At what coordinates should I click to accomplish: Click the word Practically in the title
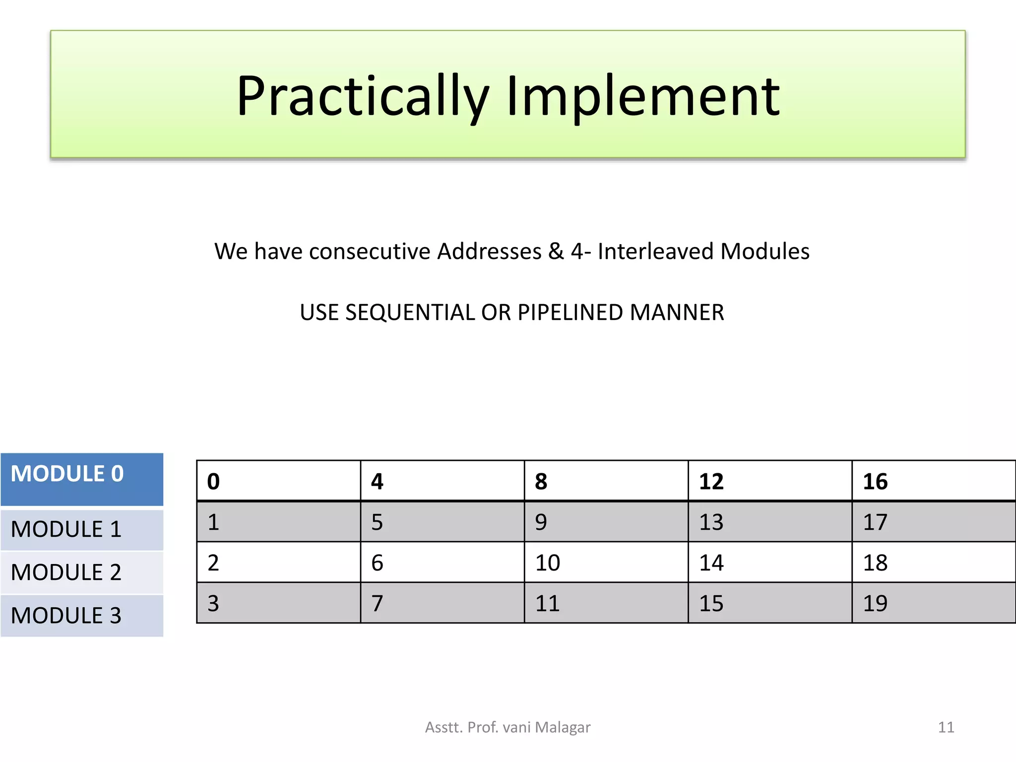tap(363, 97)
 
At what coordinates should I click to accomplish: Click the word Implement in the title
tap(643, 97)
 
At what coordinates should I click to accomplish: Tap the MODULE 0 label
tap(67, 474)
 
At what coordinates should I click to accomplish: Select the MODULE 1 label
tap(66, 529)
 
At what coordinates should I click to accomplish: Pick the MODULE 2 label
tap(66, 572)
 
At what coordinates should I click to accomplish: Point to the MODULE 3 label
tap(66, 616)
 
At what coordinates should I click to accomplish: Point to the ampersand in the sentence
tap(556, 251)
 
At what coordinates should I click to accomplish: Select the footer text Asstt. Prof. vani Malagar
tap(508, 727)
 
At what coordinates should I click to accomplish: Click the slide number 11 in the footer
tap(946, 727)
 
